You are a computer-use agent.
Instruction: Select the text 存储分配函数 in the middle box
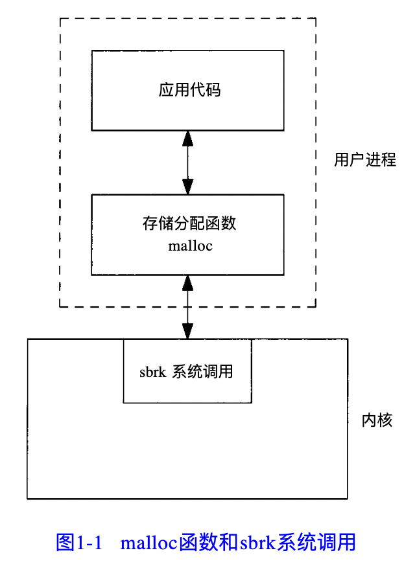coord(189,224)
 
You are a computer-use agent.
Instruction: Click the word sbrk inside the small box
coord(154,372)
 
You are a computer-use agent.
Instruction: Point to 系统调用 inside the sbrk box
coord(202,372)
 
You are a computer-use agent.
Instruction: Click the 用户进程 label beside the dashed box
coord(364,160)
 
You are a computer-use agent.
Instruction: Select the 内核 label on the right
coord(377,420)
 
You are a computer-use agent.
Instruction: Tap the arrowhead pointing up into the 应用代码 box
coord(188,137)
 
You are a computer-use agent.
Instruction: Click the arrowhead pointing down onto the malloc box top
coord(188,187)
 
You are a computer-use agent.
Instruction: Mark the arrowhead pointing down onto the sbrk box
coord(188,331)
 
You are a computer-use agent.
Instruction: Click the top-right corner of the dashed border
coord(316,17)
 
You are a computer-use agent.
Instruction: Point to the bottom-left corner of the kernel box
coord(27,499)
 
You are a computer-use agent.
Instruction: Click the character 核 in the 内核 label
coord(385,420)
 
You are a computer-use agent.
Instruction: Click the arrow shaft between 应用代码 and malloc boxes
coord(188,162)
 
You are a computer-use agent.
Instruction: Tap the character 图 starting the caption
coord(65,542)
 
